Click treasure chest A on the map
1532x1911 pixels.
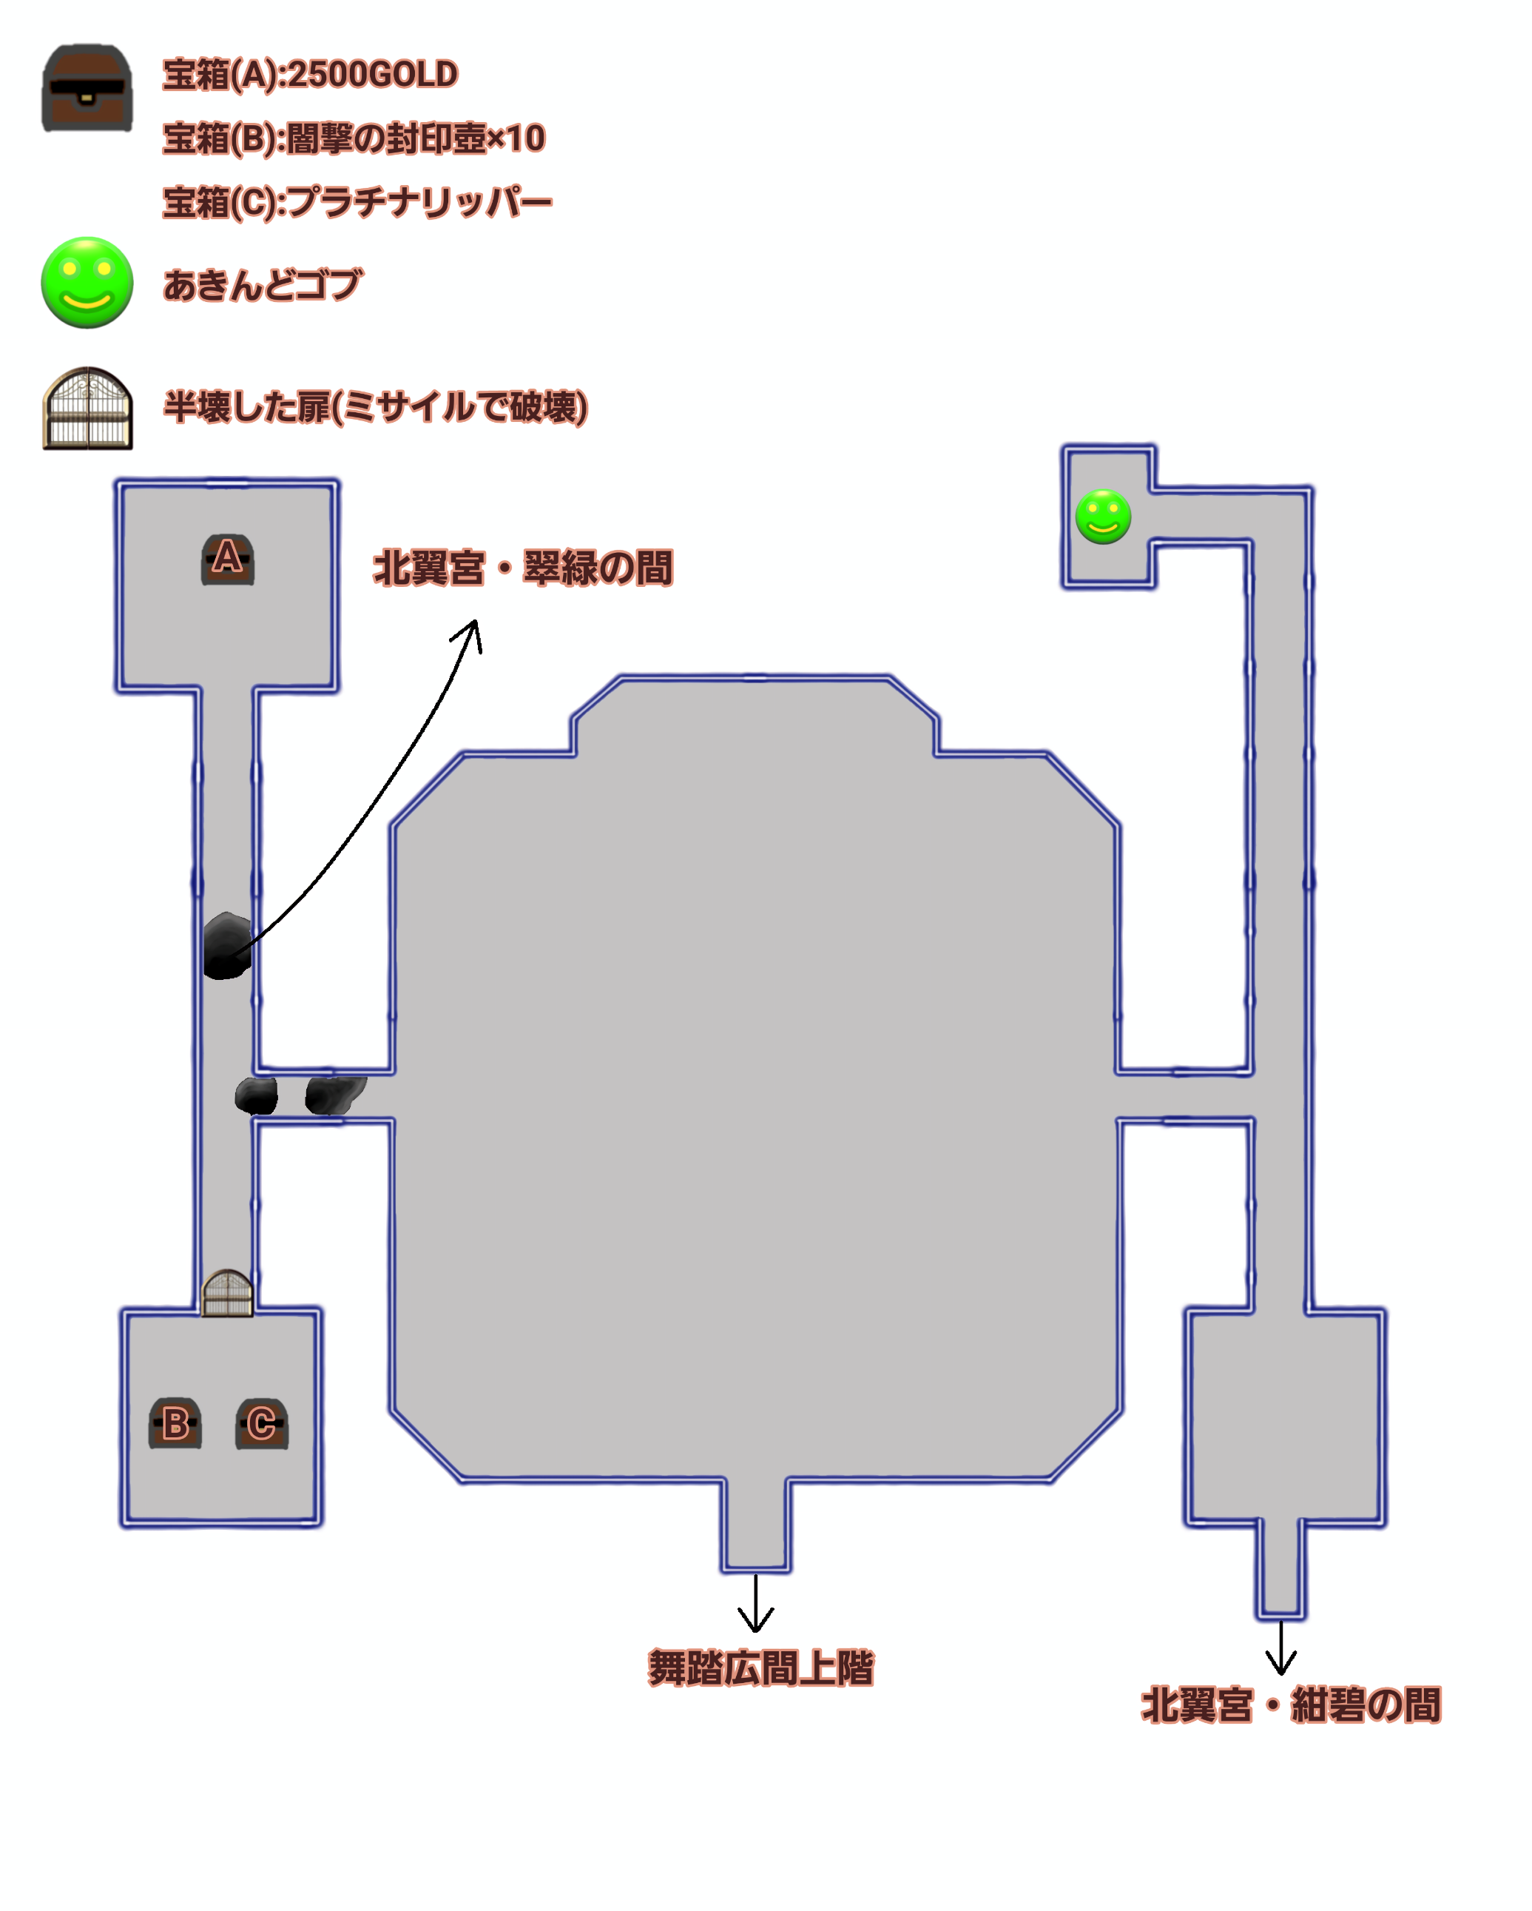tap(228, 560)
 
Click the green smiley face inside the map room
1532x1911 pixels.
tap(1102, 516)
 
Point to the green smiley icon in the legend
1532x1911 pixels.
tap(87, 282)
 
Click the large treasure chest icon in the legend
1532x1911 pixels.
tap(87, 88)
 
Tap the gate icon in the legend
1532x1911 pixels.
tap(87, 408)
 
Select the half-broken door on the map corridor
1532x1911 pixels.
tap(228, 1293)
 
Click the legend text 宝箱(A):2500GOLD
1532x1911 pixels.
tap(310, 75)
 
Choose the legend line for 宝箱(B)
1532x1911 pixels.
tap(354, 138)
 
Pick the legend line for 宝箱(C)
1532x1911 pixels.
tap(357, 202)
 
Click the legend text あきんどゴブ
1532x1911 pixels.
tap(263, 284)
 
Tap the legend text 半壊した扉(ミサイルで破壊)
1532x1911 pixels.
tap(376, 407)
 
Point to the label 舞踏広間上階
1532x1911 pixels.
tap(760, 1667)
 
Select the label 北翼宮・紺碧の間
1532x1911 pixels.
tap(1290, 1705)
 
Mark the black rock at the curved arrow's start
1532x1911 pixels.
tap(227, 946)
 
